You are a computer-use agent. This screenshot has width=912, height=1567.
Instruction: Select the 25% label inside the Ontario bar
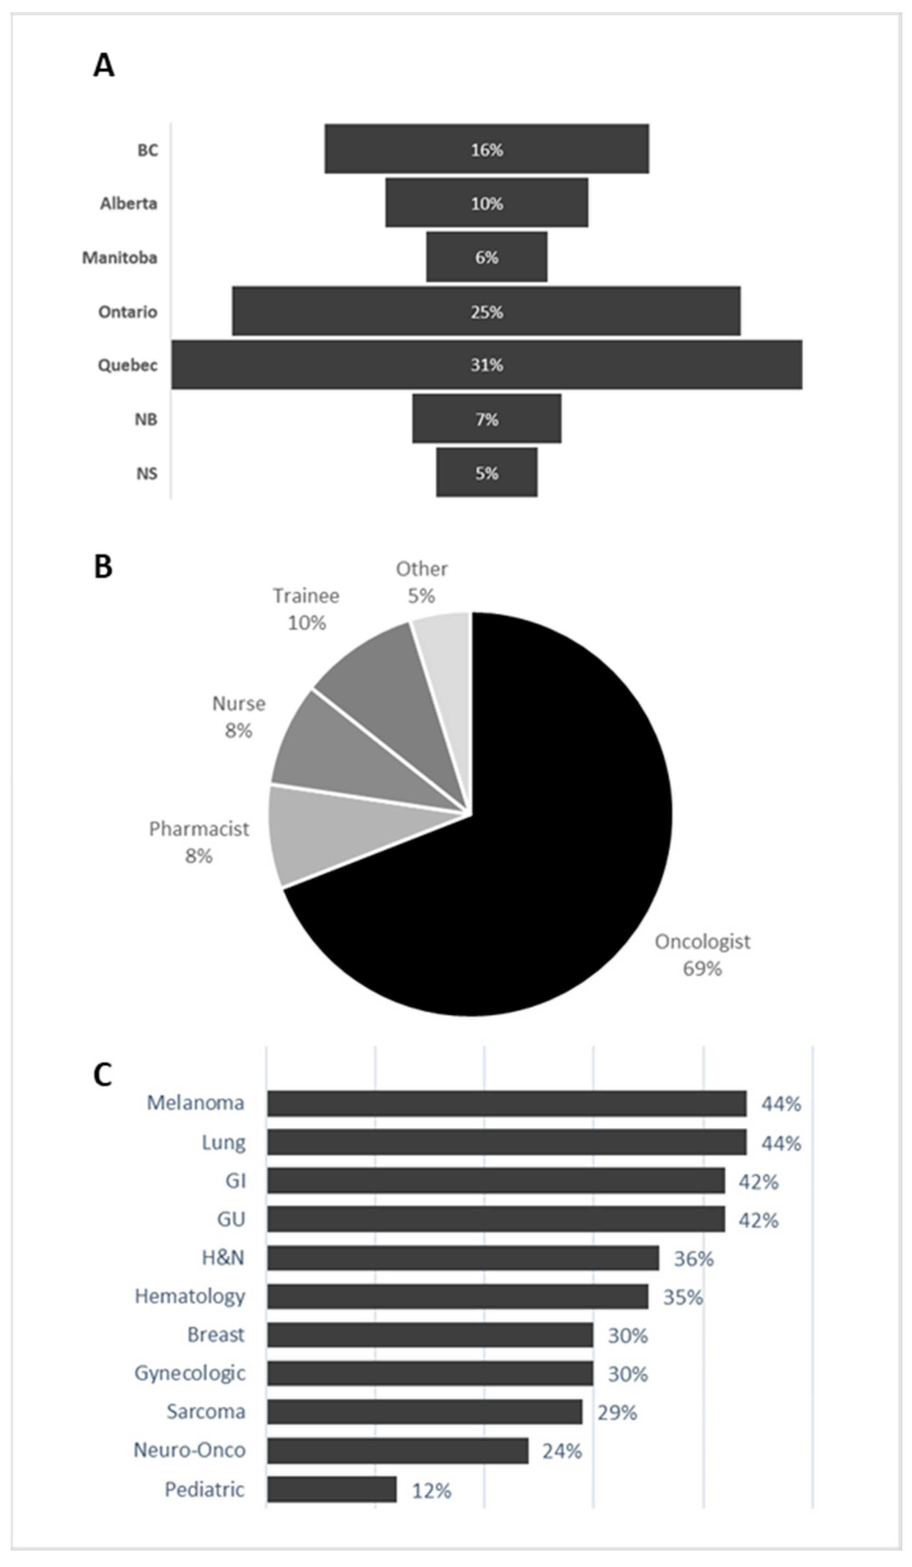487,312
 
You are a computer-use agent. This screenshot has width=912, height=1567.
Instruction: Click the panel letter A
104,65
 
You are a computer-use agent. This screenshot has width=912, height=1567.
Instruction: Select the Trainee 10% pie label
306,609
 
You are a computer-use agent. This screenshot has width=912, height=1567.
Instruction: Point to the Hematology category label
190,1296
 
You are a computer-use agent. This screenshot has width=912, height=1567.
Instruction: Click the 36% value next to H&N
693,1258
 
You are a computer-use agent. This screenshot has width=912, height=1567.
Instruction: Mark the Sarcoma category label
205,1412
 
